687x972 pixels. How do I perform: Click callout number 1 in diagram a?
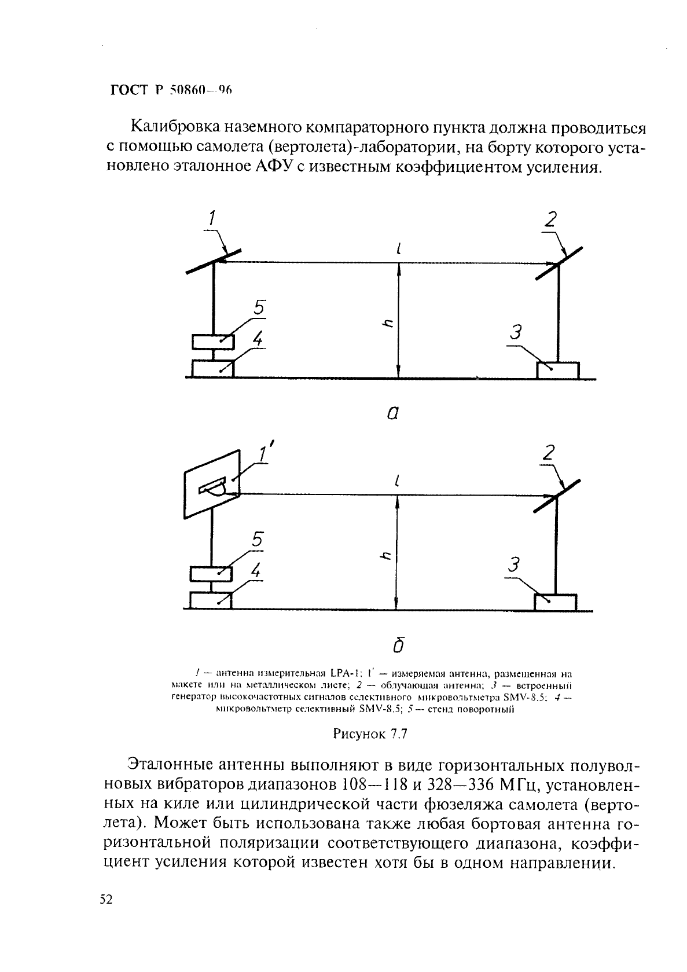(x=212, y=218)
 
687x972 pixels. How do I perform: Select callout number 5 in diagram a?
(x=258, y=308)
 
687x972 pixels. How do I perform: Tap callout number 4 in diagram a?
(x=258, y=339)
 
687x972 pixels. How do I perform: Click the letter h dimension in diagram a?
(x=390, y=324)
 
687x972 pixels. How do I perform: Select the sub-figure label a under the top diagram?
(x=393, y=412)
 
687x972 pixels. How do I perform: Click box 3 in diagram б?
(x=555, y=603)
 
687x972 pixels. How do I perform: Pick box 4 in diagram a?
(x=212, y=368)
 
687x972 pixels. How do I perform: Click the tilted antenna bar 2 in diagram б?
(x=556, y=496)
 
